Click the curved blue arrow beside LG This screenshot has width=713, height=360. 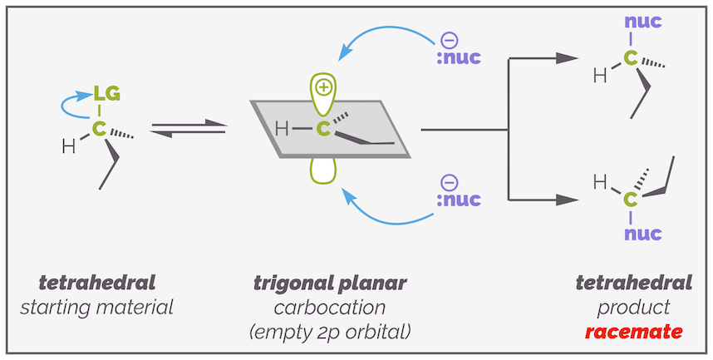pyautogui.click(x=71, y=105)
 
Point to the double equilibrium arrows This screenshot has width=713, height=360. pyautogui.click(x=189, y=129)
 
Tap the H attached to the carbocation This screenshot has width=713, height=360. pyautogui.click(x=283, y=129)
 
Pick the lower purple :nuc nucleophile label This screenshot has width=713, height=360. pyautogui.click(x=457, y=200)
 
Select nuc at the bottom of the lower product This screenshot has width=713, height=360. pyautogui.click(x=643, y=233)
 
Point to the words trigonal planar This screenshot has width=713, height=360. pyautogui.click(x=330, y=283)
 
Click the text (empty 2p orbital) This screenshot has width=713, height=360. pyautogui.click(x=330, y=333)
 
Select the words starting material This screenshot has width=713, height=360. pyautogui.click(x=97, y=308)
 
